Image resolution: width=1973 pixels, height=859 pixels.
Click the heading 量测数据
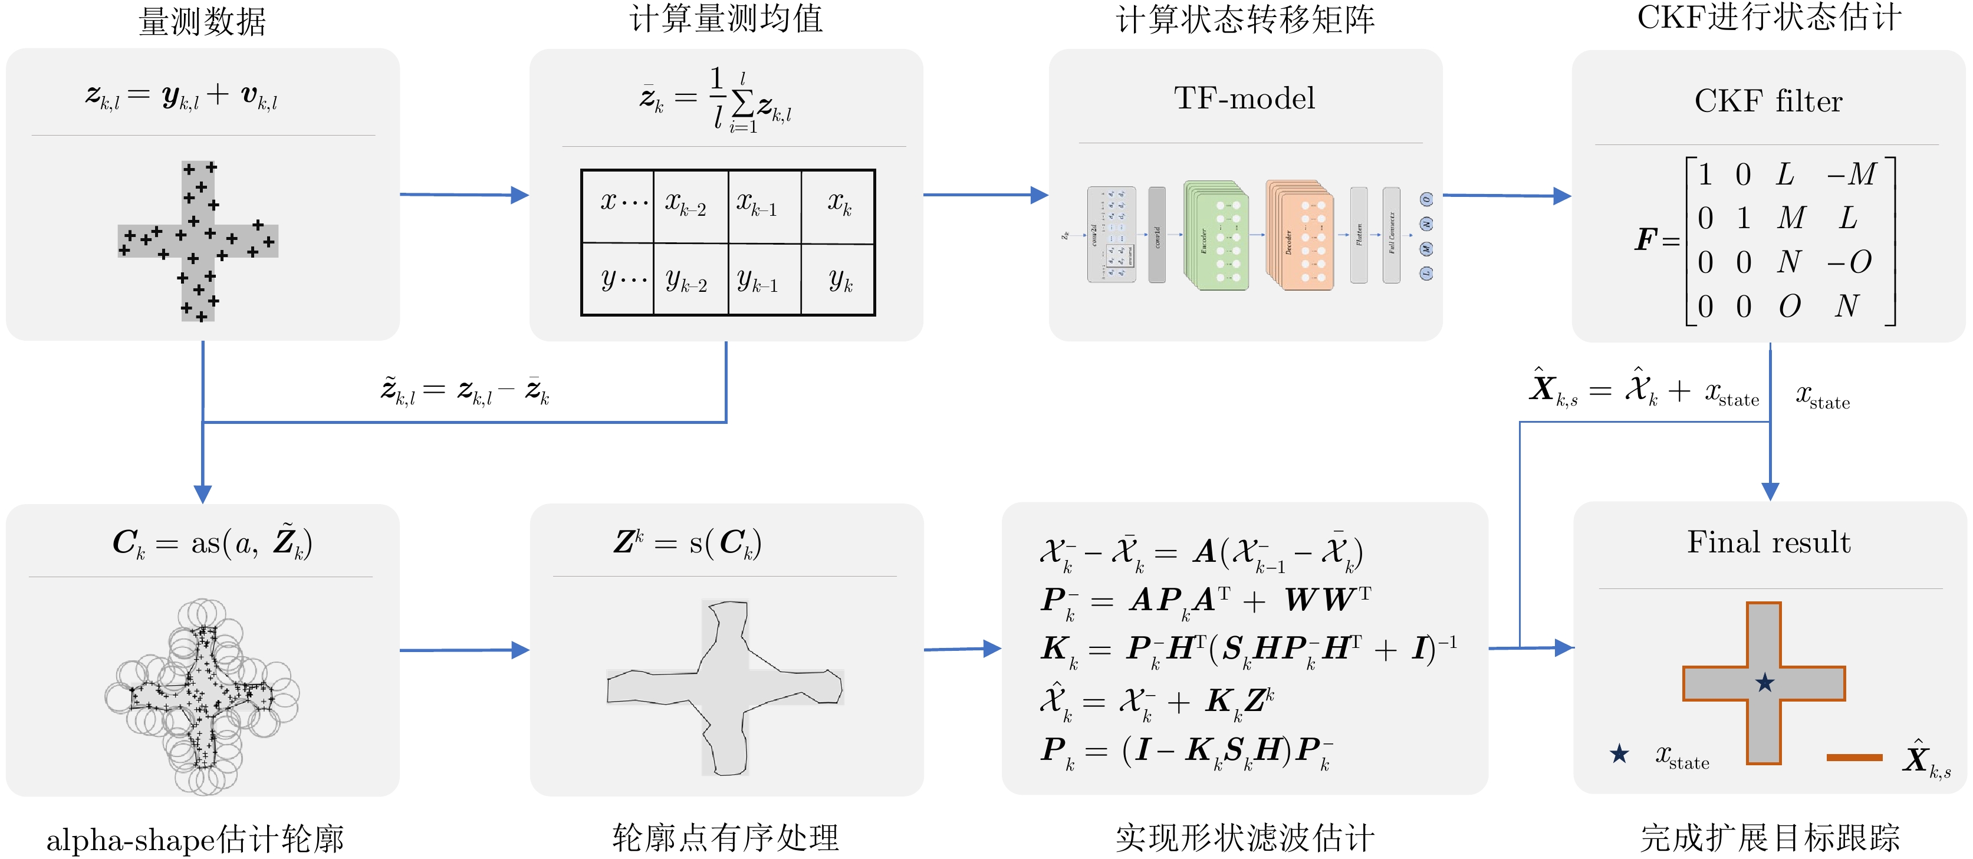coord(202,21)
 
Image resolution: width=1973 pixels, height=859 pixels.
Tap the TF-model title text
coord(1245,98)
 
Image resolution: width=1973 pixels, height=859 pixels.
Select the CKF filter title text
coord(1768,101)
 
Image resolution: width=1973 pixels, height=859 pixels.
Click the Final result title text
coord(1768,542)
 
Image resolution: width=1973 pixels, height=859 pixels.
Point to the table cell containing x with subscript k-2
coord(690,205)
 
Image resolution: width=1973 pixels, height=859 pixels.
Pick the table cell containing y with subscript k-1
coord(763,280)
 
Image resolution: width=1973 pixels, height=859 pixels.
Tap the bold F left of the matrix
coord(1645,239)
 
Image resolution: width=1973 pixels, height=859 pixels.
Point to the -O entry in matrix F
coord(1850,262)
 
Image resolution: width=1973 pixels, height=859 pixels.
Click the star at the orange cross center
coord(1765,682)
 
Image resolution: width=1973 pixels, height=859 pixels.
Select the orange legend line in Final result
coord(1853,757)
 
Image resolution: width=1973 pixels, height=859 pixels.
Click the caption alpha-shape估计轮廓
coord(195,839)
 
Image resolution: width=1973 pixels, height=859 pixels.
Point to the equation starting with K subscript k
coord(1248,649)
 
